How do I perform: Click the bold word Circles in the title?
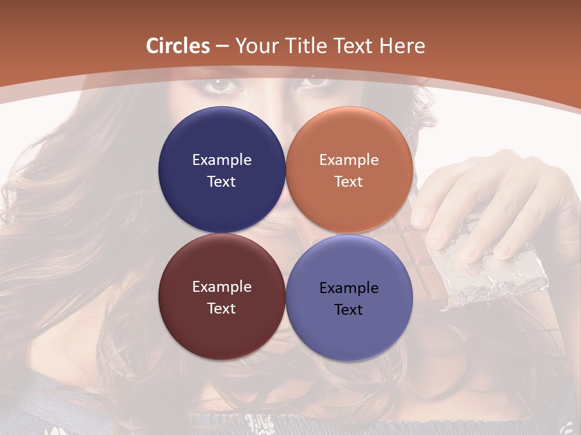178,46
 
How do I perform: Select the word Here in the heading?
402,46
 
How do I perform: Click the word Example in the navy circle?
222,160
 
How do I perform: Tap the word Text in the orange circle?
349,182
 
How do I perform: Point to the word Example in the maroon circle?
222,287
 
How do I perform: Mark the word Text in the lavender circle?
349,310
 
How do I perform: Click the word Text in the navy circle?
222,182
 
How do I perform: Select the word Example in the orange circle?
349,160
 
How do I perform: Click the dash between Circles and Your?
222,47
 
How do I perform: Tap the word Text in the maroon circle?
222,309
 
